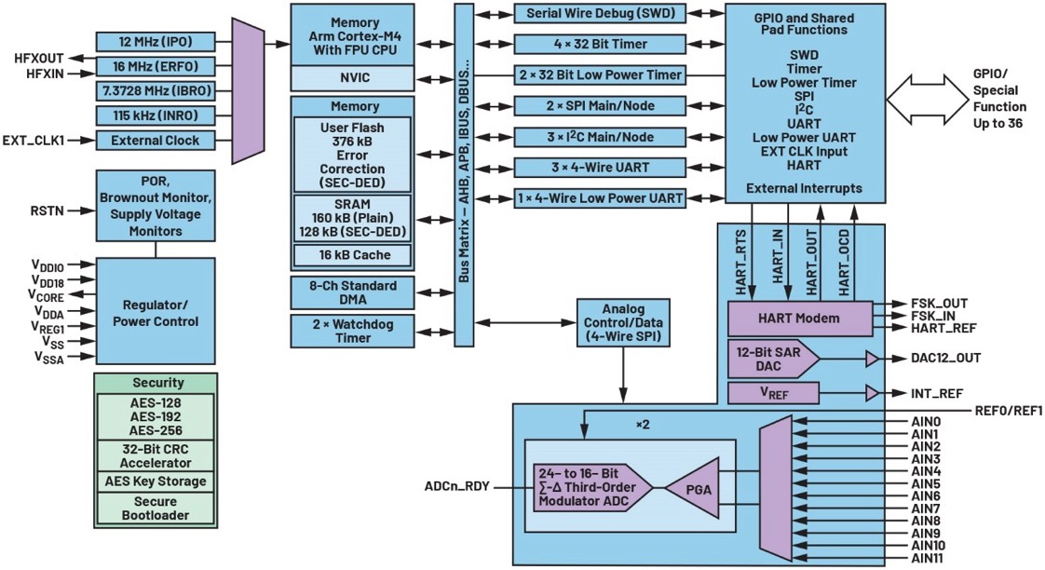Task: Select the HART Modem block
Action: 799,319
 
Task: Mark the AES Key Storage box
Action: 156,482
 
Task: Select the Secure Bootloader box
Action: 156,508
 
